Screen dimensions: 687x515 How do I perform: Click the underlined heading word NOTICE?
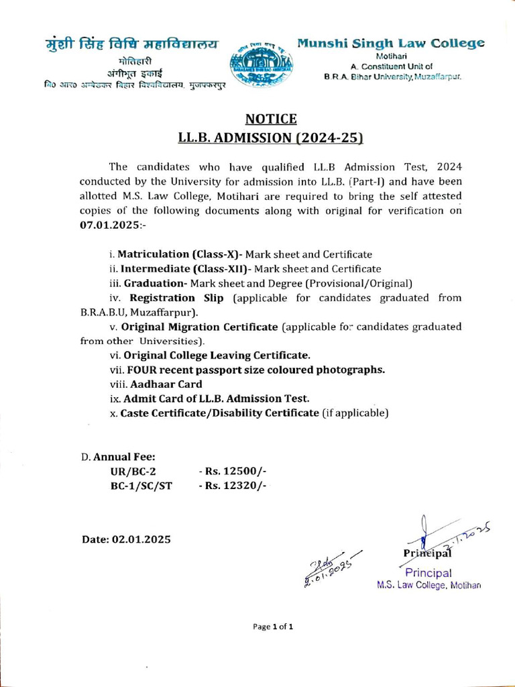(271, 119)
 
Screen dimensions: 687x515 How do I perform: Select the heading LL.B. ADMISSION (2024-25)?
(270, 138)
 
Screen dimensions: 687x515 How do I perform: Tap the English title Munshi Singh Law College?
(391, 44)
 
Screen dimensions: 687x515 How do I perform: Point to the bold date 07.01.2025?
(108, 225)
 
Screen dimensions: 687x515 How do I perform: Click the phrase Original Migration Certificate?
(198, 327)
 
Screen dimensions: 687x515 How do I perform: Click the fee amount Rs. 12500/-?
(233, 472)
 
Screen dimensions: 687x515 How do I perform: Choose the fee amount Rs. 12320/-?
(233, 486)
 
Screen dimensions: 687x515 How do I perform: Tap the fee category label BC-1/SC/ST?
(136, 486)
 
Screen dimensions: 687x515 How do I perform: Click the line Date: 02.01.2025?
(126, 539)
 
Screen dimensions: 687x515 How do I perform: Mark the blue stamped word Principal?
(428, 572)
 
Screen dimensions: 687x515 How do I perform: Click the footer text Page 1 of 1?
(273, 627)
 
